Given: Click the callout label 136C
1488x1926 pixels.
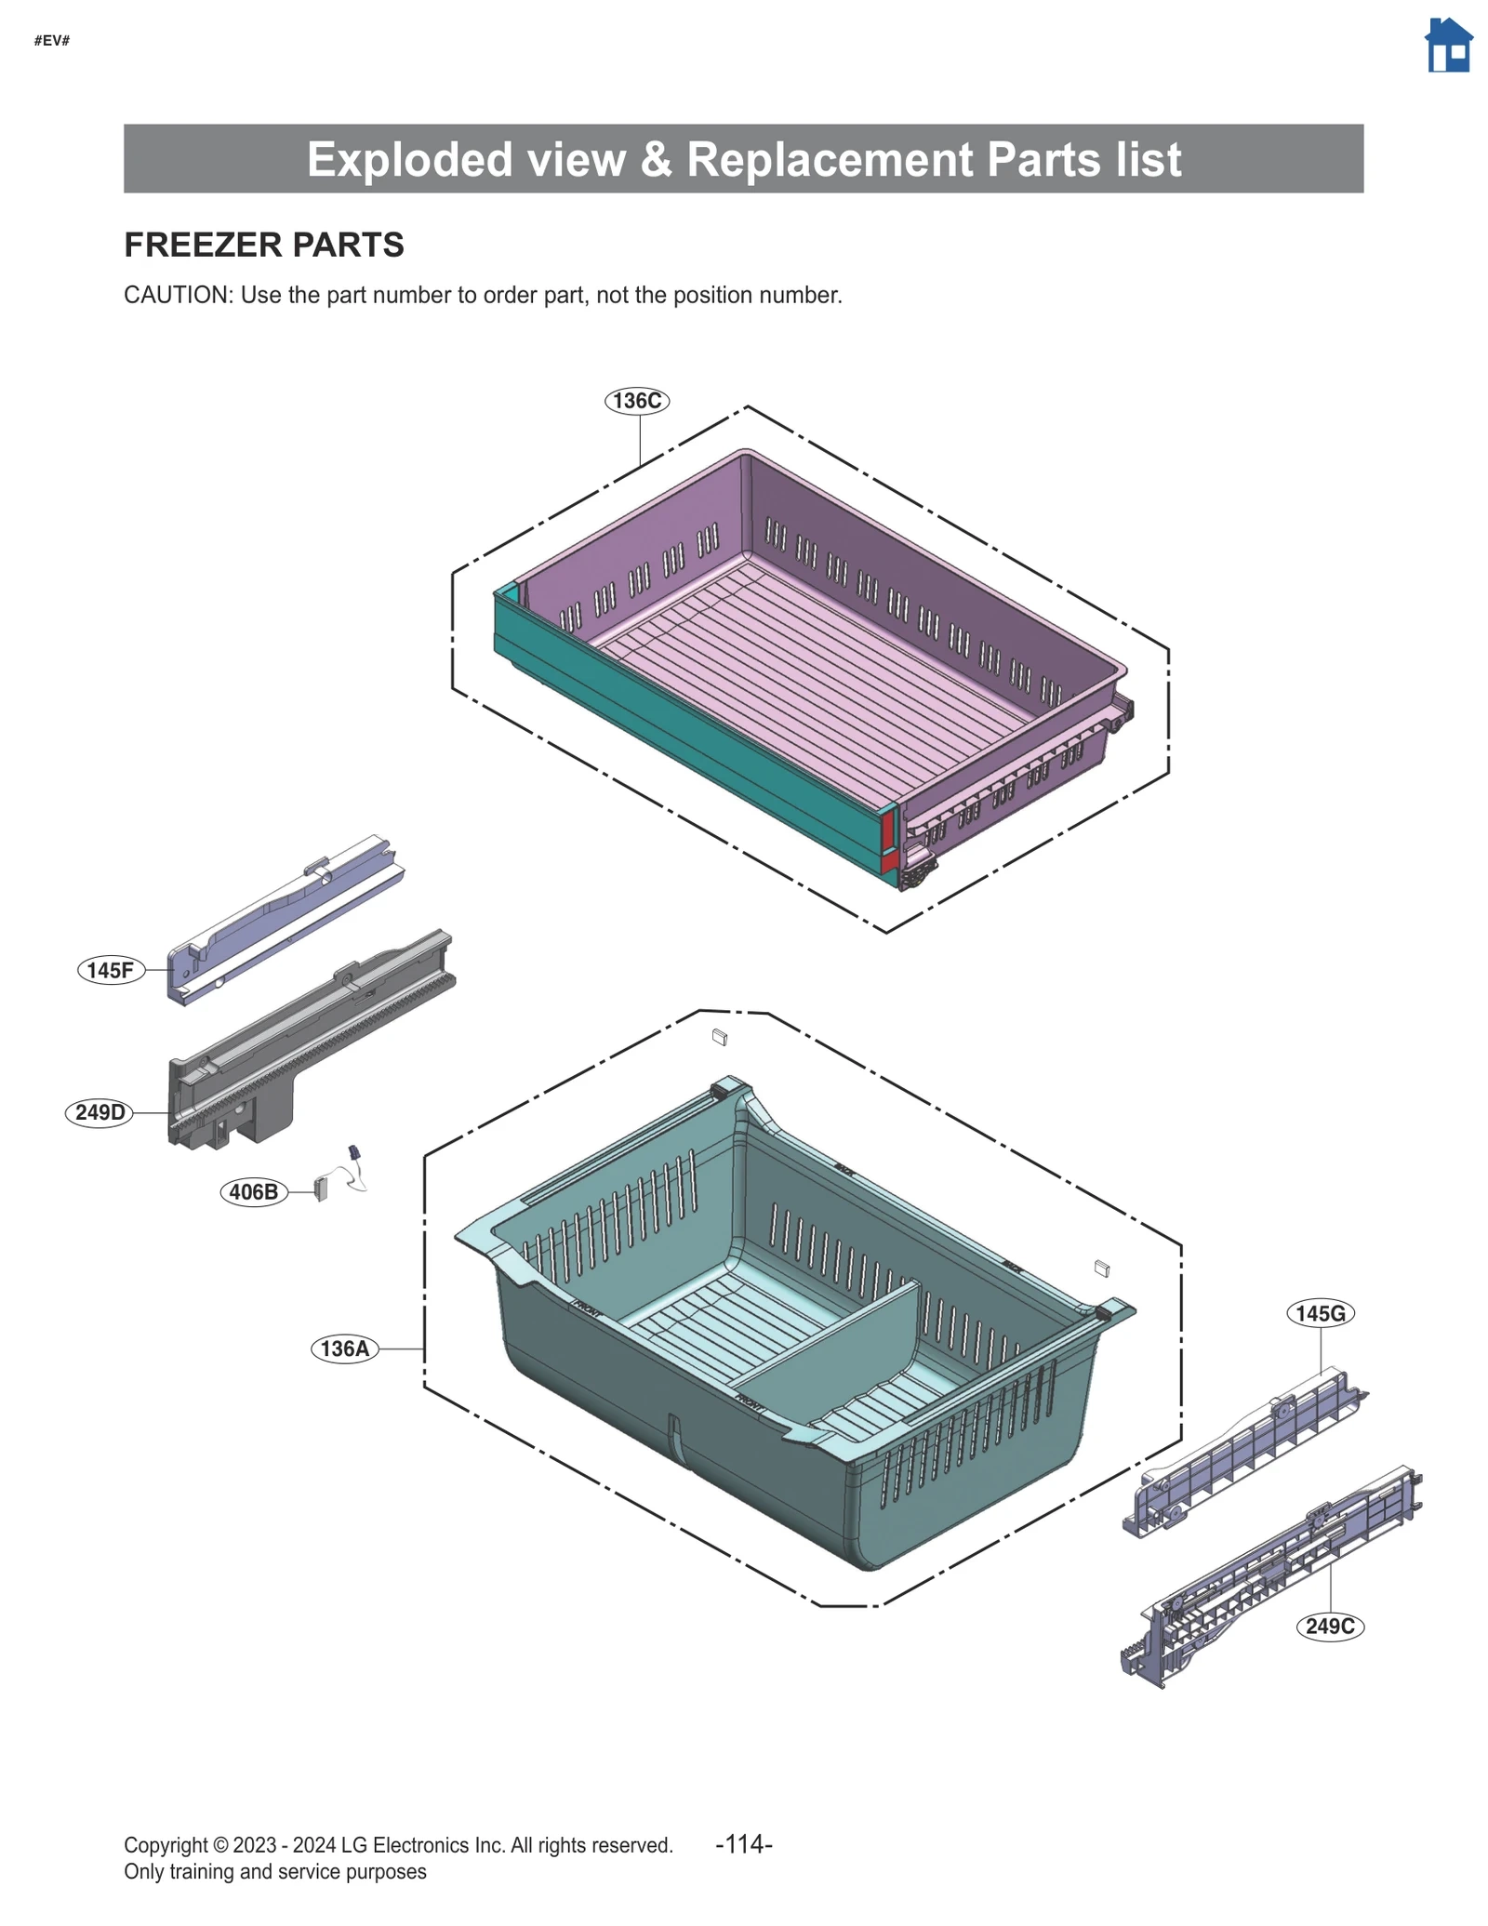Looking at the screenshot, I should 637,401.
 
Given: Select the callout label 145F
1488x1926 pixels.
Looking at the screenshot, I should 111,970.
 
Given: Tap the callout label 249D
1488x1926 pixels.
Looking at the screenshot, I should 100,1112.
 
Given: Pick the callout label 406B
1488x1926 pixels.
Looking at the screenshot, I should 253,1191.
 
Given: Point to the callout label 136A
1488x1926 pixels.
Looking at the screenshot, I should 344,1348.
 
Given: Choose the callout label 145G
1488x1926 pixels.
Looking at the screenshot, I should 1320,1313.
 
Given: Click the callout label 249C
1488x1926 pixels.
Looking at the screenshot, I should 1329,1627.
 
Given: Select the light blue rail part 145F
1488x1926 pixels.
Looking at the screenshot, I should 279,921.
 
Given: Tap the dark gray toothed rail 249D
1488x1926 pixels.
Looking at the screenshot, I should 307,1042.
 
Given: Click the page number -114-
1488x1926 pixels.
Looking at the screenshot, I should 743,1843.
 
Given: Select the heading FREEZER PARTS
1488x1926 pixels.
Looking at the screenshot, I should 264,245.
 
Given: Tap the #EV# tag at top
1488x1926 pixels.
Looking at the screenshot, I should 52,40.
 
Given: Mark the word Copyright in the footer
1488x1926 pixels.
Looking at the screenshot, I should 166,1845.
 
